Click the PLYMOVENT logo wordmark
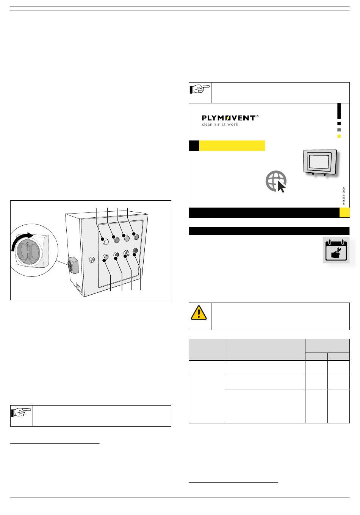(230, 118)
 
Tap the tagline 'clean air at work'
(220, 124)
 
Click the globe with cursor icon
(276, 181)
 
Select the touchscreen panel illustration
(320, 162)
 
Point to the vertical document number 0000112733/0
(343, 196)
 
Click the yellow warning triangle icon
(199, 313)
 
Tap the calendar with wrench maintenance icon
(336, 250)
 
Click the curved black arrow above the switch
(21, 240)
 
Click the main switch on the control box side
(74, 265)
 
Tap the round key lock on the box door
(92, 260)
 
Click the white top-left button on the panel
(106, 242)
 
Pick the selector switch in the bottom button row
(127, 253)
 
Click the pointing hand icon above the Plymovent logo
(200, 89)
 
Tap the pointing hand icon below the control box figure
(21, 412)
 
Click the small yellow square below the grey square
(339, 136)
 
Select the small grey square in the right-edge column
(339, 130)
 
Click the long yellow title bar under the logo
(232, 146)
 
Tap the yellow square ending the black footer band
(344, 212)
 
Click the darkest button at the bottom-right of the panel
(135, 251)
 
